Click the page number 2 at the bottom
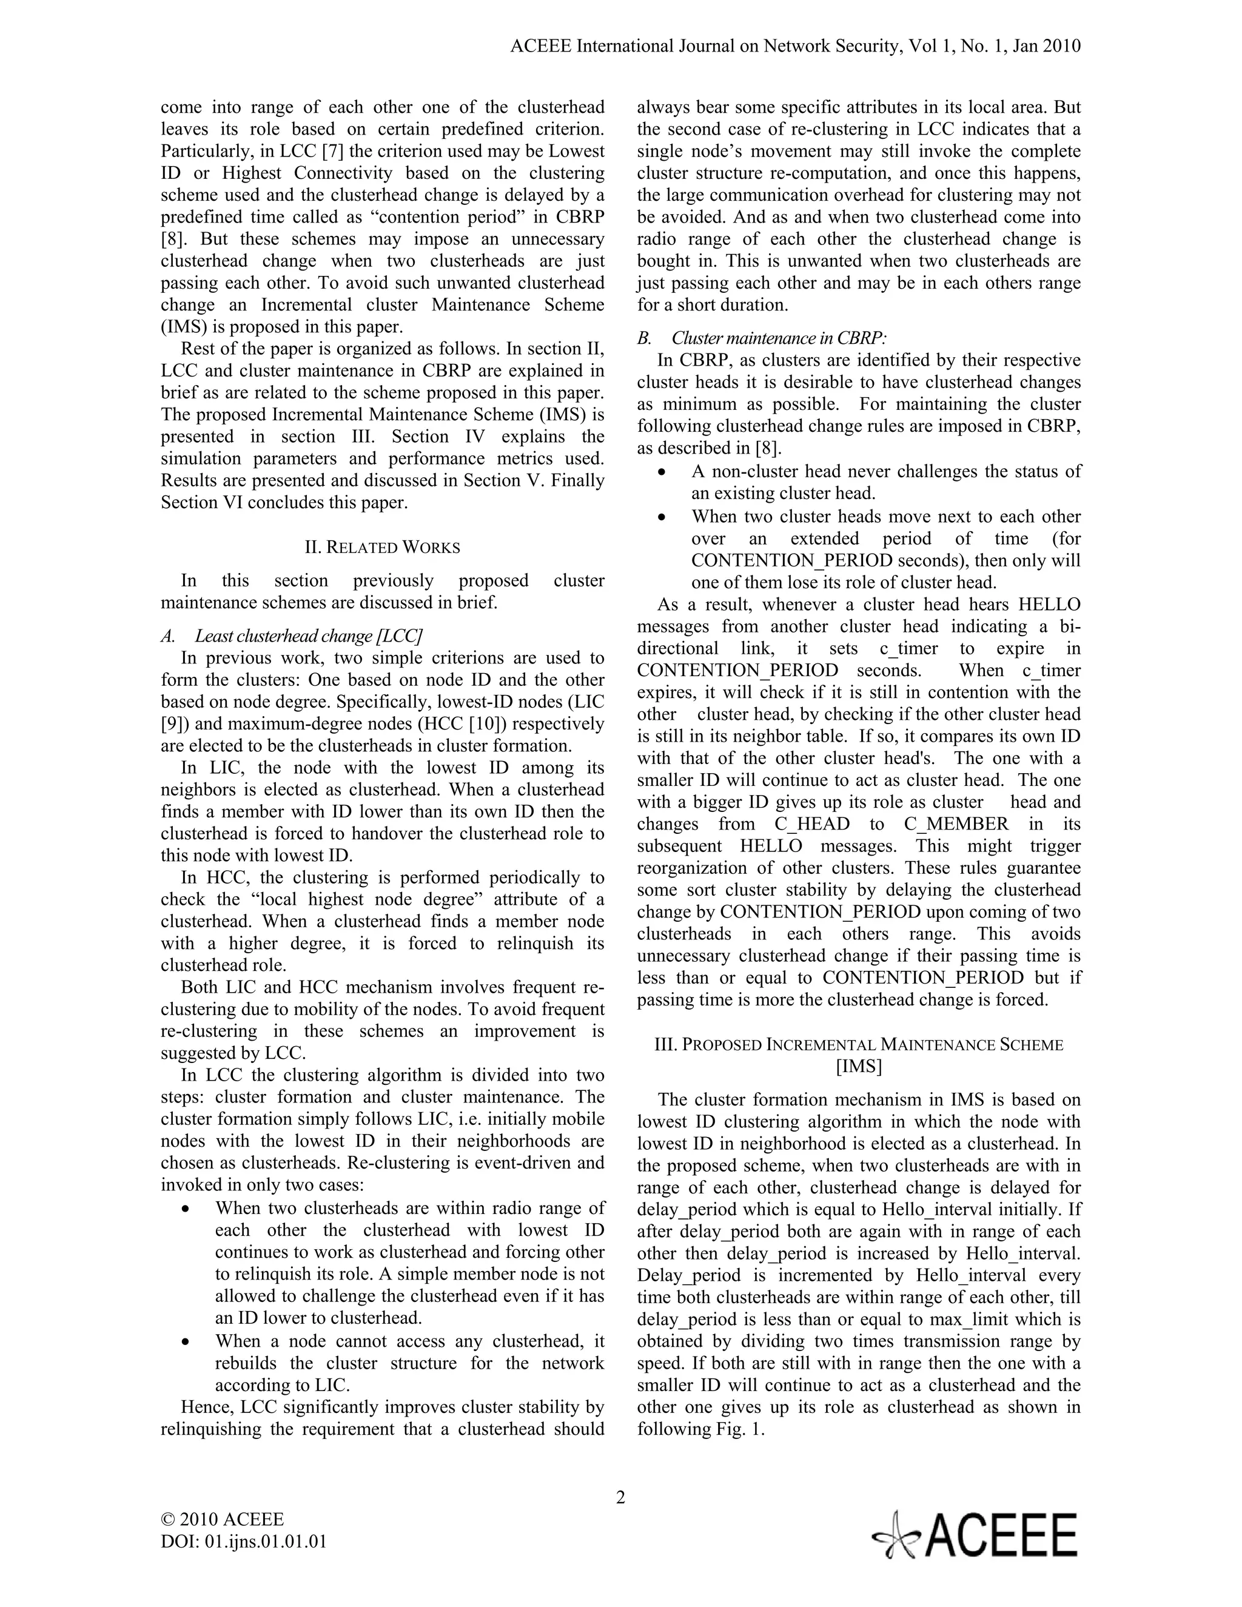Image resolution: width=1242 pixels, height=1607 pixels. point(620,1497)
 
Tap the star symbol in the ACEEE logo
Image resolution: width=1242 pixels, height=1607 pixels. point(896,1535)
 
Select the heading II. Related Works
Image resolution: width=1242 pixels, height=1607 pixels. point(383,548)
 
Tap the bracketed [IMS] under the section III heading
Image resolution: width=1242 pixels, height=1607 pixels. point(859,1066)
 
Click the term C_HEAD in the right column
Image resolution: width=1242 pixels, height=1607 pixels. point(811,824)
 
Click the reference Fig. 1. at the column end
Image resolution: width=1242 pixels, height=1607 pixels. point(740,1429)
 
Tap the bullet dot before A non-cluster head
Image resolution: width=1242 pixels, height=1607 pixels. point(663,472)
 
